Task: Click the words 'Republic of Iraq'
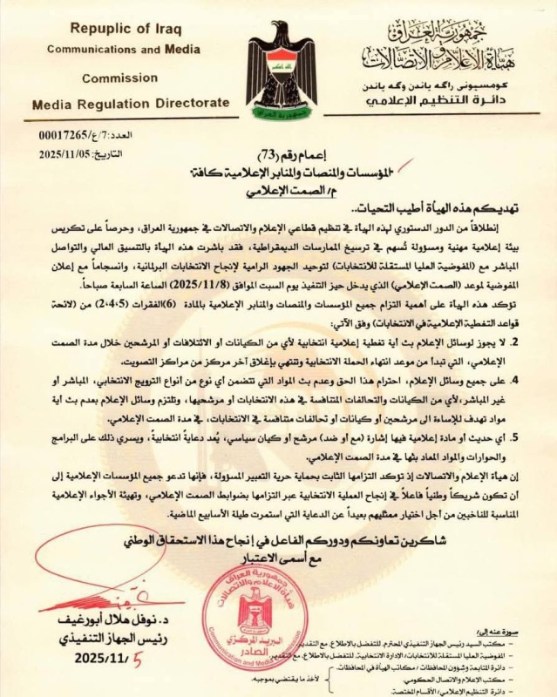pos(108,29)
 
